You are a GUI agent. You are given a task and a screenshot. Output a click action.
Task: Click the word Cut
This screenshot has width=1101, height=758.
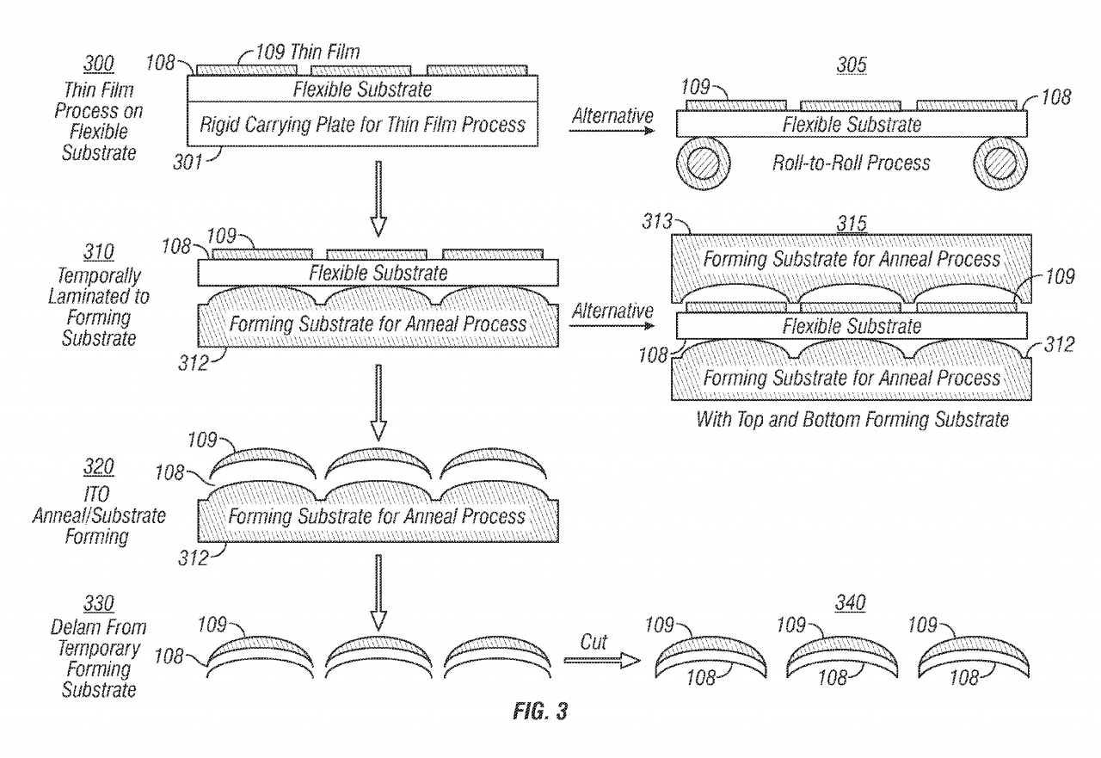coord(593,642)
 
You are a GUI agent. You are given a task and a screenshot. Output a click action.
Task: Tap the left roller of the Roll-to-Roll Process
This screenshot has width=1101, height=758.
coord(704,164)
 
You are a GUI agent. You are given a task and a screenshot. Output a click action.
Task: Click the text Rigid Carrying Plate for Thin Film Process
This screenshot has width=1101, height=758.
coord(362,124)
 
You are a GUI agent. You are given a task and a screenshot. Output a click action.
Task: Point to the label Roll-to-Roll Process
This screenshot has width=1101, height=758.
coord(850,162)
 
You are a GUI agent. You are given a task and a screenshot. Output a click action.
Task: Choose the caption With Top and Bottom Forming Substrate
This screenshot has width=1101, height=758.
coord(851,421)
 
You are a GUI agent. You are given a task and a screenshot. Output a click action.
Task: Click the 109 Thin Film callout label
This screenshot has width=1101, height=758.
coord(307,53)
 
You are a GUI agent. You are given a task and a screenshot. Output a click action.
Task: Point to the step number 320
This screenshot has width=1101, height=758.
coord(100,468)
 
